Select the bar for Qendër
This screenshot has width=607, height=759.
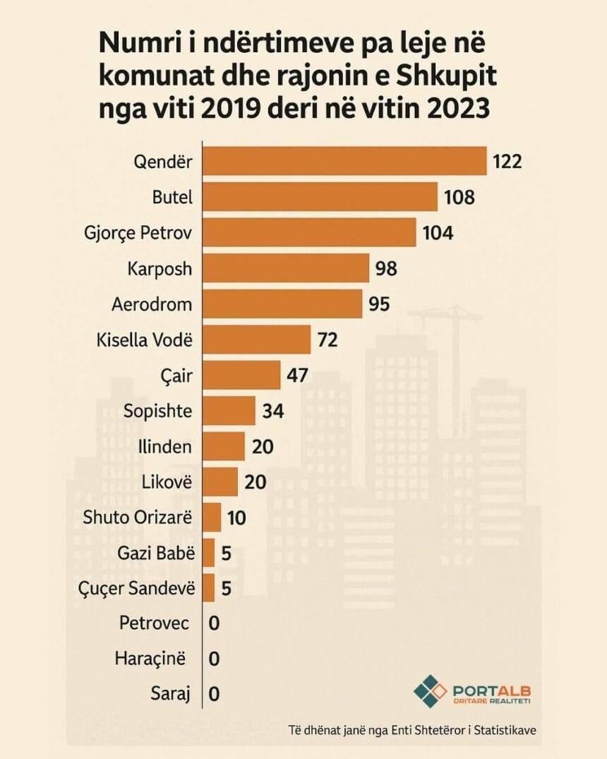[x=344, y=161]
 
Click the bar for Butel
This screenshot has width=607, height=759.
[x=320, y=197]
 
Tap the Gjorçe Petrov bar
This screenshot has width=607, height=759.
[x=309, y=232]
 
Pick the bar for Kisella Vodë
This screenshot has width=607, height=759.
[x=257, y=340]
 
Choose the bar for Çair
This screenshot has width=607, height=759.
[x=242, y=375]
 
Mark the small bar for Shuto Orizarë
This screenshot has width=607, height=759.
[x=212, y=518]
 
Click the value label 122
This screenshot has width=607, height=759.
[x=507, y=162]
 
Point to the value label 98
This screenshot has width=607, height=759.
[x=387, y=268]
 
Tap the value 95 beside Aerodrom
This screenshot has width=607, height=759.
[x=379, y=304]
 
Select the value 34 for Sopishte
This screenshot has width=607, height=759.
[x=272, y=410]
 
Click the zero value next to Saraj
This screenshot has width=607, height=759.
[x=214, y=694]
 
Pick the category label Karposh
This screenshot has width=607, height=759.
[x=160, y=269]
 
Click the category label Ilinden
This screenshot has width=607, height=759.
[x=167, y=446]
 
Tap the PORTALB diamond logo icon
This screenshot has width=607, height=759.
[x=429, y=690]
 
